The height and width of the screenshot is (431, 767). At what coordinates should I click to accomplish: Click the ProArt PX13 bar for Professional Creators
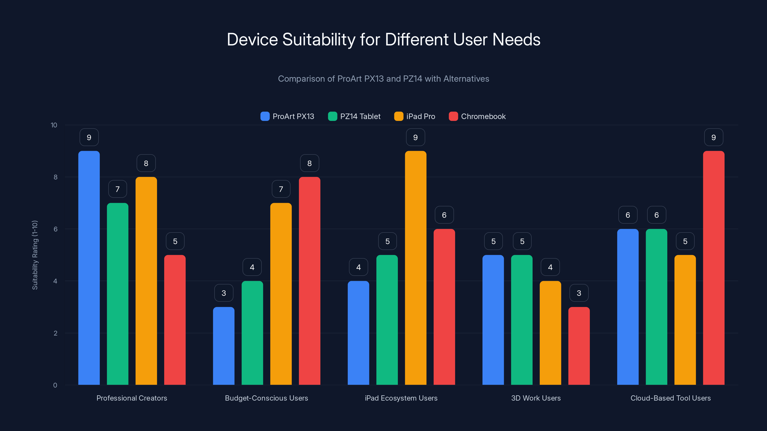point(89,268)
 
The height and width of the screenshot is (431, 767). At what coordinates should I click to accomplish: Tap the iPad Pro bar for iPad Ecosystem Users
point(415,268)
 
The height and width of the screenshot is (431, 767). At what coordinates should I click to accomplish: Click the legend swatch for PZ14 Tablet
point(332,116)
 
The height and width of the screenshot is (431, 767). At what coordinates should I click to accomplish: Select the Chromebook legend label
point(483,116)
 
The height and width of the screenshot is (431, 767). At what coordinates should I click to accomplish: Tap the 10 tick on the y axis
point(54,125)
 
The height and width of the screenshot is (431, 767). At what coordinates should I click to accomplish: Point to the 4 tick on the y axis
point(55,281)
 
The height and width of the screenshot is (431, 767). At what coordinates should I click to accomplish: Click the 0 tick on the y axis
point(55,385)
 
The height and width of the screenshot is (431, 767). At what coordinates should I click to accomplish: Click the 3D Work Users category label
point(536,398)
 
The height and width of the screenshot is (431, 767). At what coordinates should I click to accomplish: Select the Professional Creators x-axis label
point(132,398)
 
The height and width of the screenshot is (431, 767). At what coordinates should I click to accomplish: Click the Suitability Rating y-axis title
point(35,255)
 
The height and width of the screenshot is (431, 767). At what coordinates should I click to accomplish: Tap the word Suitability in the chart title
point(319,40)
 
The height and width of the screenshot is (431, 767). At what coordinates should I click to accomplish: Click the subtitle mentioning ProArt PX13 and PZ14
point(383,79)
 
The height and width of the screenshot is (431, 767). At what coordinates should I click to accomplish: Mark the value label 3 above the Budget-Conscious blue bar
point(224,293)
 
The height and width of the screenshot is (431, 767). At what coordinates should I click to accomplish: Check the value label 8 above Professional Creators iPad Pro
point(146,163)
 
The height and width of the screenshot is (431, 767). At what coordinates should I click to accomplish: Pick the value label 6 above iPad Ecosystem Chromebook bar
point(444,215)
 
